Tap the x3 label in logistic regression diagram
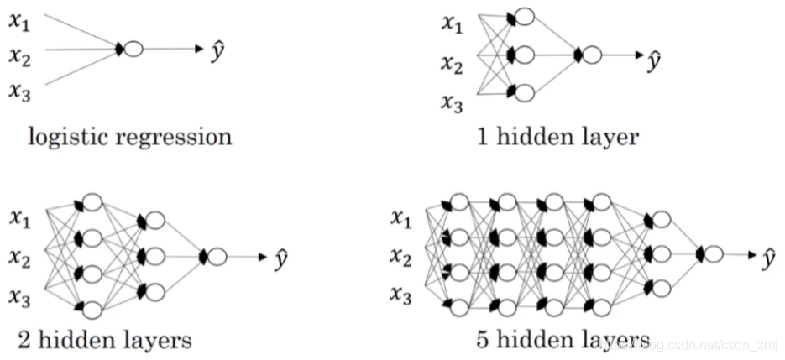point(19,91)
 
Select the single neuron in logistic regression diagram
point(133,50)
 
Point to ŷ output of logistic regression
point(217,50)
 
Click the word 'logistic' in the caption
point(65,137)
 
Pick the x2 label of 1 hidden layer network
point(453,63)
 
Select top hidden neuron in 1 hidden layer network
point(524,17)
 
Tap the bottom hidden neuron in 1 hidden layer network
point(524,92)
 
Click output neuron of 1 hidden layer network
point(592,55)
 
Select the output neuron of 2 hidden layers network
point(217,257)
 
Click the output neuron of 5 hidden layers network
point(714,253)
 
